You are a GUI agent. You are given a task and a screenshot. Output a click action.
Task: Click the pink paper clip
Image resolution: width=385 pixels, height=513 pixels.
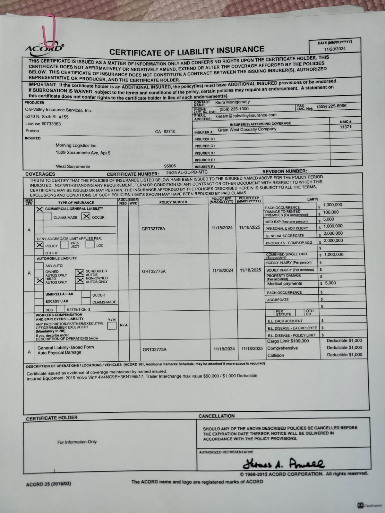pyautogui.click(x=48, y=30)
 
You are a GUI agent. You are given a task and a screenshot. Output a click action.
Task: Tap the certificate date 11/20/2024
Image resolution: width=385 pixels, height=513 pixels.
pyautogui.click(x=335, y=49)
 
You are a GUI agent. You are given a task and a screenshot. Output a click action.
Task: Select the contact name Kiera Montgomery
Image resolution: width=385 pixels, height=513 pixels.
pyautogui.click(x=232, y=102)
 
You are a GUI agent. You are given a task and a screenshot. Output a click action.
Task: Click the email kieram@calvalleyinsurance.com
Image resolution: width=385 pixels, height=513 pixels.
pyautogui.click(x=246, y=115)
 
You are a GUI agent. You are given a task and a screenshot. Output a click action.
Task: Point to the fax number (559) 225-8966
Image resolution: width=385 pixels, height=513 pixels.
pyautogui.click(x=331, y=106)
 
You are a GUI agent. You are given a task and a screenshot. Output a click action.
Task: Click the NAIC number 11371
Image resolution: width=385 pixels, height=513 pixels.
pyautogui.click(x=345, y=127)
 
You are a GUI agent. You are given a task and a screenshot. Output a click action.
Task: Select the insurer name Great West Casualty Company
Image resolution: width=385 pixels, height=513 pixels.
pyautogui.click(x=247, y=130)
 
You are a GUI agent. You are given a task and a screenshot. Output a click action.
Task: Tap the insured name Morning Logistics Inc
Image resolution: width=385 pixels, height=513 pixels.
pyautogui.click(x=76, y=146)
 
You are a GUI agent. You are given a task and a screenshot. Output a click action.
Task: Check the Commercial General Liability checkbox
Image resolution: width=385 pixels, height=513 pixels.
pyautogui.click(x=39, y=209)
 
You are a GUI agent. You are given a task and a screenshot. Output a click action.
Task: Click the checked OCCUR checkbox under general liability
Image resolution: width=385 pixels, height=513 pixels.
pyautogui.click(x=86, y=217)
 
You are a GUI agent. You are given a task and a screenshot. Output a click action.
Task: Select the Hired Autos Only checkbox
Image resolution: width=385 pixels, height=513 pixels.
pyautogui.click(x=39, y=281)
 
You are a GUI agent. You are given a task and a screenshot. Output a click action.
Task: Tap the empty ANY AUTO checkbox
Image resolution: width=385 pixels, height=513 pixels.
pyautogui.click(x=39, y=266)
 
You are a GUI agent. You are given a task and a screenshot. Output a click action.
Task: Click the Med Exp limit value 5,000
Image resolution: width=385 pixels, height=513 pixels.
pyautogui.click(x=329, y=220)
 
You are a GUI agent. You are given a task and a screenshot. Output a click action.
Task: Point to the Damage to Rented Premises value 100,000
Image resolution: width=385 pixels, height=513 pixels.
pyautogui.click(x=331, y=212)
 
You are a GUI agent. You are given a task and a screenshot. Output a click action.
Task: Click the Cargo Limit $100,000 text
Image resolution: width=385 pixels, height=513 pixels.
pyautogui.click(x=288, y=341)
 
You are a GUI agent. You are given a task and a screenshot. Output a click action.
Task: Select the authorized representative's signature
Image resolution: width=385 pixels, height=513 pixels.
pyautogui.click(x=284, y=463)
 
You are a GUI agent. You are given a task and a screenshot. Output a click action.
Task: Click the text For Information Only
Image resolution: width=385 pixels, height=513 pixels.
pyautogui.click(x=77, y=442)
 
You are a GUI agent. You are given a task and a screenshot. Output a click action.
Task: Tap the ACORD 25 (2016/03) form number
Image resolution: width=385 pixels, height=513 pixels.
pyautogui.click(x=48, y=484)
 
